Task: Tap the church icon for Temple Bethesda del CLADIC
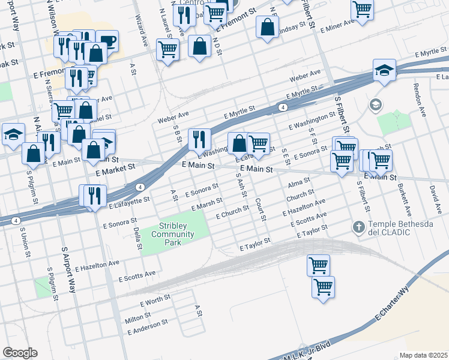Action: coord(358,227)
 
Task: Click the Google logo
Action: coord(20,353)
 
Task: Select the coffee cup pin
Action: coord(107,41)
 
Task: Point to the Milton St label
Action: coord(137,316)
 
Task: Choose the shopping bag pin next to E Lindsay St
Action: coord(267,27)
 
